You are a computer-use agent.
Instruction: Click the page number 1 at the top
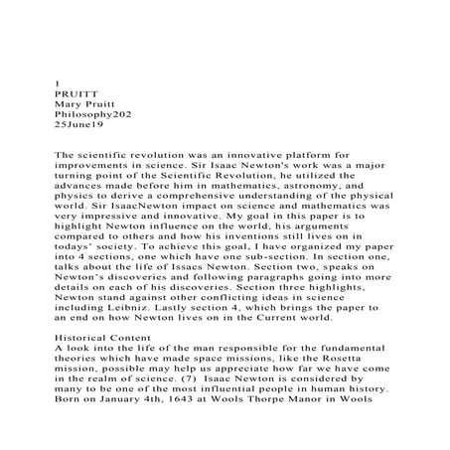click(55, 84)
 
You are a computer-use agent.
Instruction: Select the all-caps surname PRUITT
click(75, 96)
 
